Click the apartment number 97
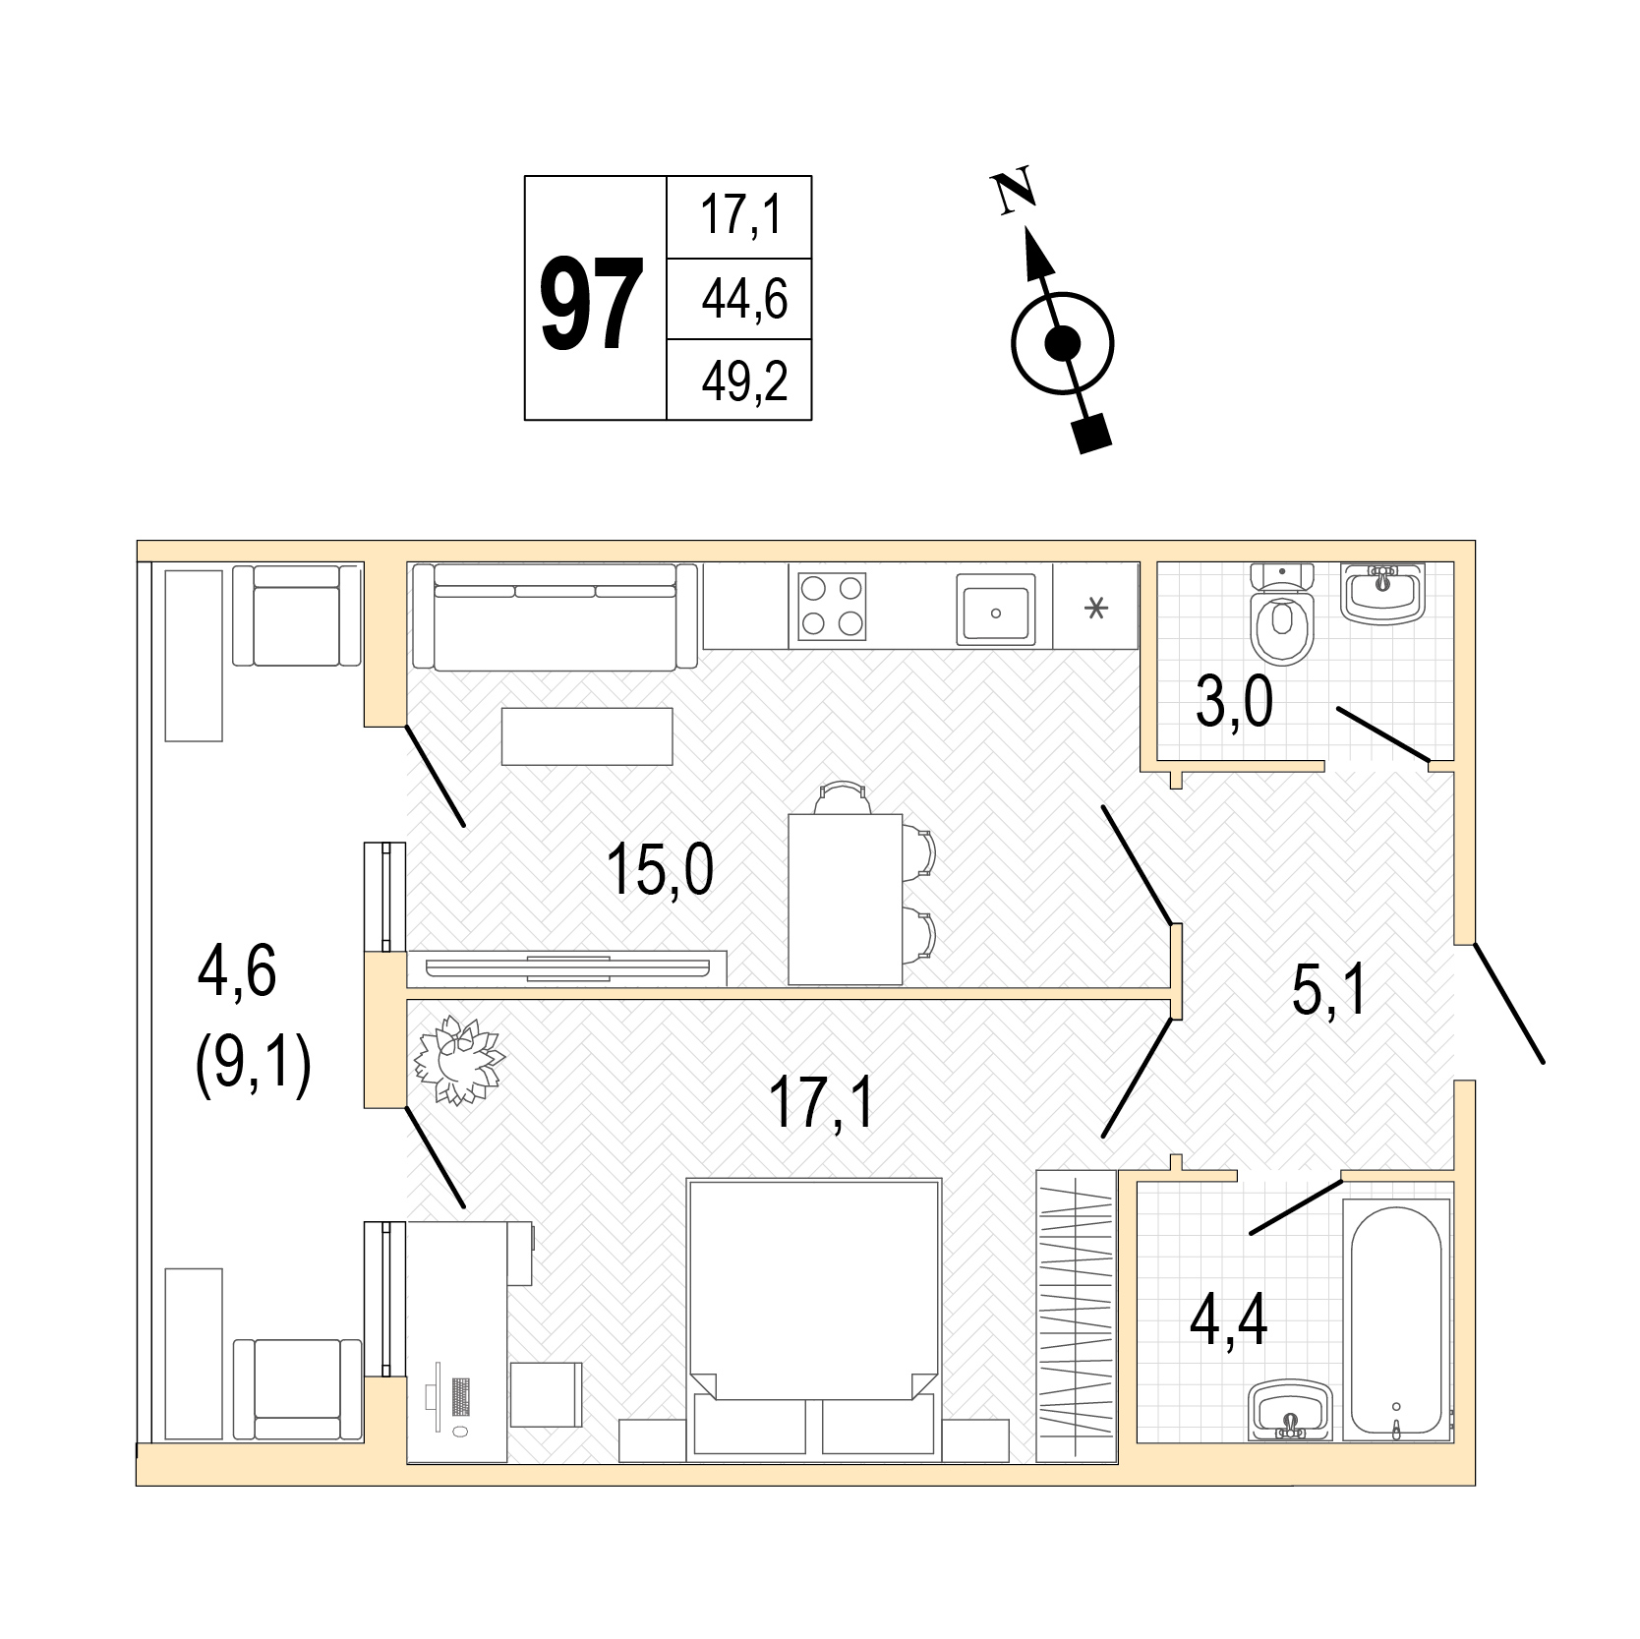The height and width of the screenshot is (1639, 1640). [x=593, y=301]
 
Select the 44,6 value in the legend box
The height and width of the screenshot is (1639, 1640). [x=744, y=299]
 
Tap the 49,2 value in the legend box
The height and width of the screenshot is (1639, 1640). [x=744, y=380]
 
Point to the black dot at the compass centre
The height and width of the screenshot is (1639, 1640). [x=1062, y=344]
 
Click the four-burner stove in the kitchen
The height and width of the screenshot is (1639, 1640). [x=832, y=607]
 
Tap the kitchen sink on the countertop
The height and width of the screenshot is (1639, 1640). [x=996, y=610]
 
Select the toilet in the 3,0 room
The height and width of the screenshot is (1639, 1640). [x=1282, y=613]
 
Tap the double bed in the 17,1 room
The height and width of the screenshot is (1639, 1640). [x=814, y=1318]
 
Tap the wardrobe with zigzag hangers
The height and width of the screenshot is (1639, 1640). [x=1077, y=1317]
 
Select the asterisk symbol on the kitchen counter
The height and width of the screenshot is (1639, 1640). [x=1094, y=610]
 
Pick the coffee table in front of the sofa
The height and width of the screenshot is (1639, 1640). [x=587, y=735]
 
